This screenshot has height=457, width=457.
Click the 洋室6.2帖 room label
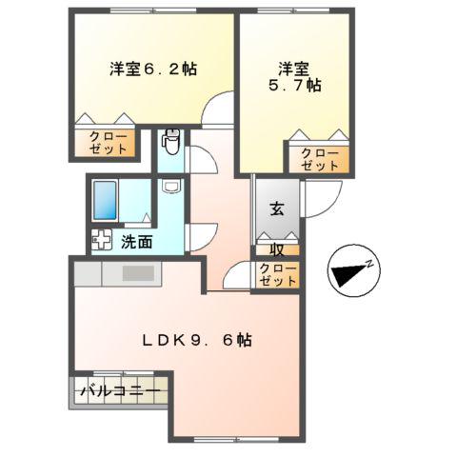pos(152,69)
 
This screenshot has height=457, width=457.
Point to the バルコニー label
pos(119,390)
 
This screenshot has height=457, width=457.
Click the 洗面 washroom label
pos(135,242)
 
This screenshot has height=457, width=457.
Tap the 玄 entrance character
pos(276,210)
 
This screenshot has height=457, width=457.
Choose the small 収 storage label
pos(277,251)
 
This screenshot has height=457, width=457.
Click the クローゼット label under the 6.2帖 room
pos(107,144)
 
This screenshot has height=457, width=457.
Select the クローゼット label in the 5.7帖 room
pos(318,158)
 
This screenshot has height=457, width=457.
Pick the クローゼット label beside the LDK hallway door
pos(277,275)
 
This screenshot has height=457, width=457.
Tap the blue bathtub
pos(107,201)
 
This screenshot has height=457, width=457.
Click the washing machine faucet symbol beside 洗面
pos(100,242)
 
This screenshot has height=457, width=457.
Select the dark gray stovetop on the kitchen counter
pos(137,273)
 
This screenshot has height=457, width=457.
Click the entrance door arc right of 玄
pos(319,195)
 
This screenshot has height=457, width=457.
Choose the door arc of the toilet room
pos(203,162)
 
